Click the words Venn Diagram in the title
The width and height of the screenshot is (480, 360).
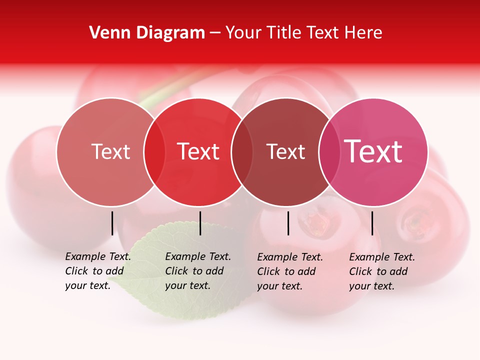tap(147, 33)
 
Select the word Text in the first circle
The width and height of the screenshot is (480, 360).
tap(110, 151)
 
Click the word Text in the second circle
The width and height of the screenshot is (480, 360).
tap(198, 151)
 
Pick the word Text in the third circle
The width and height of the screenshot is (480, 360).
tap(285, 151)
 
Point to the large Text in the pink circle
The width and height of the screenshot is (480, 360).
tap(373, 151)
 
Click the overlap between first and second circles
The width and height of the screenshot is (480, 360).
tap(154, 152)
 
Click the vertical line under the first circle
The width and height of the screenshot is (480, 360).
tap(112, 223)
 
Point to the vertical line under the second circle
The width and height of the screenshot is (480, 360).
tap(200, 223)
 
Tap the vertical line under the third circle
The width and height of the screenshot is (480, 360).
tap(288, 223)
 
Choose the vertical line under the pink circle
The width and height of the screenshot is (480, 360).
tap(372, 223)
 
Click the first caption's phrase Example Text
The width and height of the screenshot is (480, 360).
tap(98, 256)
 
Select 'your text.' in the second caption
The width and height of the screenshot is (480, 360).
tap(187, 285)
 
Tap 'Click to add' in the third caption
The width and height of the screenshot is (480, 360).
tap(286, 271)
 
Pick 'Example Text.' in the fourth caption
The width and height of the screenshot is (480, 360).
tap(382, 257)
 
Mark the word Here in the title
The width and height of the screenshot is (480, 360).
tap(364, 33)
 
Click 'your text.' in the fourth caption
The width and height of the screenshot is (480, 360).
tap(371, 286)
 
